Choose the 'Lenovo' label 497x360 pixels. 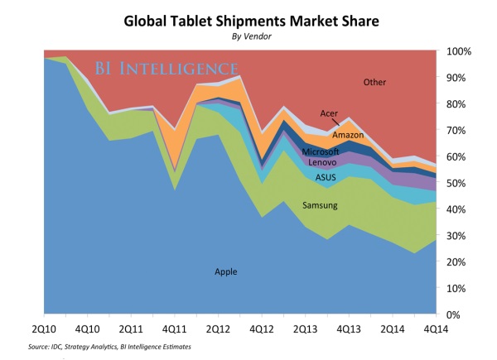tap(321, 164)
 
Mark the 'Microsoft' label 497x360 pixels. tap(321, 152)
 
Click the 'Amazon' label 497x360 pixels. tap(347, 134)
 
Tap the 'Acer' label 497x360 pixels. tap(329, 113)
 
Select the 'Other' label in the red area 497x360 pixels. tap(374, 82)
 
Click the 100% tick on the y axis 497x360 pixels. tap(461, 51)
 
